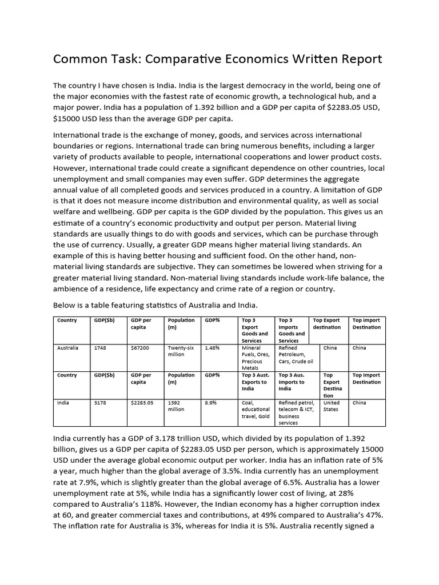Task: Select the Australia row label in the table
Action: (68, 348)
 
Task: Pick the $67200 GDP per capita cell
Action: (140, 348)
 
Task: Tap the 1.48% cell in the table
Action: (212, 348)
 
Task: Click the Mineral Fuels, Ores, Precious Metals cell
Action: (256, 358)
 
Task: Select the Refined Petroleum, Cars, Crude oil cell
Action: (296, 354)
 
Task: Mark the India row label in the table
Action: (63, 403)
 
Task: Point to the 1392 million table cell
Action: (177, 406)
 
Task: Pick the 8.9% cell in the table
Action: (211, 403)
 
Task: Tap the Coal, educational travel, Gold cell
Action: (256, 410)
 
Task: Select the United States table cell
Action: (332, 406)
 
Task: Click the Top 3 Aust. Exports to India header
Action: (256, 382)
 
